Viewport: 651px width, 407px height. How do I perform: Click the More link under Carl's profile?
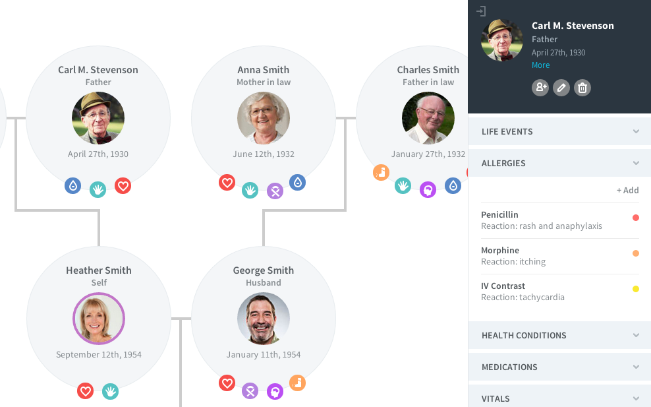coord(540,65)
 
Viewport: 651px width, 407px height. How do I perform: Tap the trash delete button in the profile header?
coord(582,87)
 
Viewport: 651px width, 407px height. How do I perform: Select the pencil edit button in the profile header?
coord(561,87)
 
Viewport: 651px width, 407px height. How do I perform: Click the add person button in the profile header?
coord(540,87)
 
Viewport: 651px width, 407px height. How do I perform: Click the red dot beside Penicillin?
coord(636,218)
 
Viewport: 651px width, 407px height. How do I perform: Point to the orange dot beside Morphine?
coord(636,253)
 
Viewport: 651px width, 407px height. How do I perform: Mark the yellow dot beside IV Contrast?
coord(636,289)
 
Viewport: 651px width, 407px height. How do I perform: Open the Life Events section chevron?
coord(636,131)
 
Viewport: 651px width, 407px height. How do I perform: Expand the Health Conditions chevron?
coord(636,335)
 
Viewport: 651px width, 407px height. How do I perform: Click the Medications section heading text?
coord(509,367)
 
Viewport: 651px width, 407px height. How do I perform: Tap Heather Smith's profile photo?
coord(99,319)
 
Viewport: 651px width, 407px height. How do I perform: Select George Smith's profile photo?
coord(264,319)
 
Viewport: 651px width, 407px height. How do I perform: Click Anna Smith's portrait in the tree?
coord(264,118)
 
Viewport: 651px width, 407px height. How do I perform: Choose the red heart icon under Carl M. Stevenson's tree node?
coord(123,186)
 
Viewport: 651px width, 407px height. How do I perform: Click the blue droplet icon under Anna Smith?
coord(297,182)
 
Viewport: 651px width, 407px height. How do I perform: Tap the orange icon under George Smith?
coord(297,383)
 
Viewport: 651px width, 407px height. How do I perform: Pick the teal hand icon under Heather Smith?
coord(110,391)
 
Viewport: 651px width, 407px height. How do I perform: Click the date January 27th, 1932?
coord(428,154)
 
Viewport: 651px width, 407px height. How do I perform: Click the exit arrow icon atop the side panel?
coord(482,11)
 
